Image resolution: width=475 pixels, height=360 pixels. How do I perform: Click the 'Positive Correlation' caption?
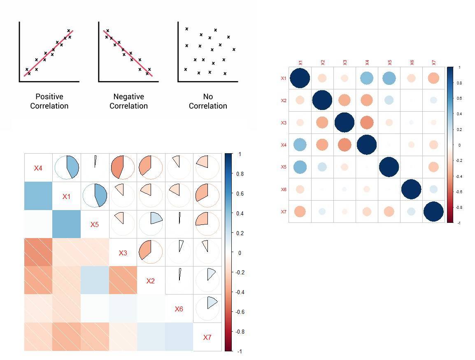(x=49, y=101)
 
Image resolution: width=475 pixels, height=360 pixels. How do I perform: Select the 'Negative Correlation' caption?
(x=128, y=101)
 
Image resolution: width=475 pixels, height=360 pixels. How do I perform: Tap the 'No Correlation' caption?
(x=208, y=101)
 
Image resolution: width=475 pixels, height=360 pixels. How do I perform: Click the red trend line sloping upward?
(x=49, y=53)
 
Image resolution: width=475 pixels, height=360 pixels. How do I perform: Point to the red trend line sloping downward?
(x=128, y=53)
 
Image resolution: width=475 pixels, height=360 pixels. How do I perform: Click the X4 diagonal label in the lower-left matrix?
(x=38, y=168)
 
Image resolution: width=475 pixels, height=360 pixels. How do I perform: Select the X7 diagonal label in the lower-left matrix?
(x=207, y=337)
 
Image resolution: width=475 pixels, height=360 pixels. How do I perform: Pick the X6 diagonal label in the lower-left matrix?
(x=179, y=309)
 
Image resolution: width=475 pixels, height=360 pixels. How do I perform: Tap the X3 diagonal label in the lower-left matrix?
(x=123, y=253)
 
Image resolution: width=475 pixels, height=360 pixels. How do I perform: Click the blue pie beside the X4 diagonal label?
(x=67, y=167)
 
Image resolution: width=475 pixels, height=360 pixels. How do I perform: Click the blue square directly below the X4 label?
(x=38, y=196)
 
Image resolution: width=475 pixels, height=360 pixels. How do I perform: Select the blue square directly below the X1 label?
(x=67, y=224)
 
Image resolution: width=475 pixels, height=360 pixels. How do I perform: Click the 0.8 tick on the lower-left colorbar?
(x=240, y=174)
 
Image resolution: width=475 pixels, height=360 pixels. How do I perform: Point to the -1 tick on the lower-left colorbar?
(x=240, y=351)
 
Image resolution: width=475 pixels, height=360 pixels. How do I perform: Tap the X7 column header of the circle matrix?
(x=433, y=62)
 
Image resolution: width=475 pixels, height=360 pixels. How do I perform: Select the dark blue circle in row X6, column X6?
(x=411, y=189)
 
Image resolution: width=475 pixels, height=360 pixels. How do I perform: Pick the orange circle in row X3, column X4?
(x=366, y=123)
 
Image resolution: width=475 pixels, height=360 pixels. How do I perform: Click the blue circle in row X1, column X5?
(x=389, y=78)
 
